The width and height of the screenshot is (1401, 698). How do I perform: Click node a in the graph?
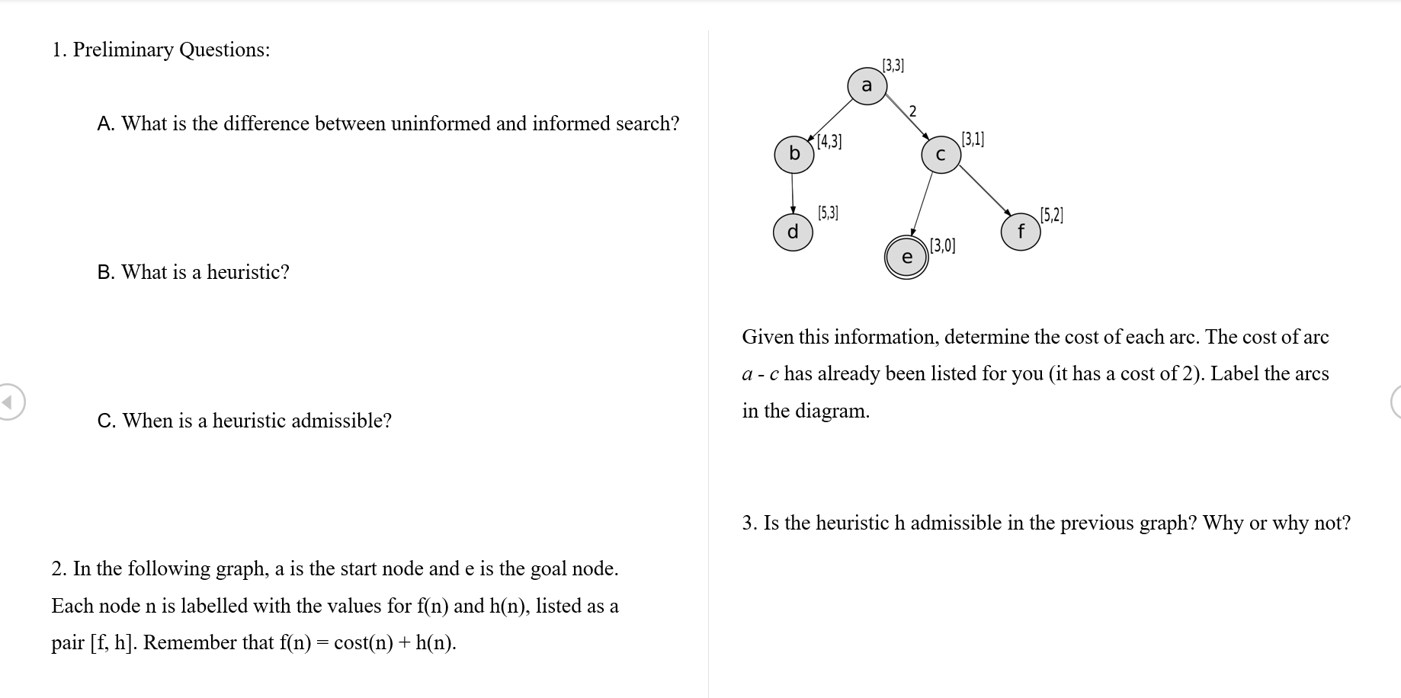tap(867, 85)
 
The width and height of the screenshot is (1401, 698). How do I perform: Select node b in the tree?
tap(793, 154)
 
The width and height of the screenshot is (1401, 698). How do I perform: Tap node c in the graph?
tap(941, 155)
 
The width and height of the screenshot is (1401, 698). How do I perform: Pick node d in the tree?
tap(793, 232)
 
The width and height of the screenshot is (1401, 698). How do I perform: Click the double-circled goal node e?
tap(906, 258)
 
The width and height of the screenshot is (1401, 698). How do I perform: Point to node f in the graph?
tap(1021, 231)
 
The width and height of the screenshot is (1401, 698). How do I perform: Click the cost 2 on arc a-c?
tap(913, 111)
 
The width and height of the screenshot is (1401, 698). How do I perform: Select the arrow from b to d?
tap(793, 194)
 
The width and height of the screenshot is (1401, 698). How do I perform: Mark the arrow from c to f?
tap(984, 190)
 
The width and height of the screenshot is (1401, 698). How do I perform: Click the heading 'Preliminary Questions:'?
tap(171, 50)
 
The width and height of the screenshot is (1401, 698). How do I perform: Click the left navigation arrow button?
tap(10, 402)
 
